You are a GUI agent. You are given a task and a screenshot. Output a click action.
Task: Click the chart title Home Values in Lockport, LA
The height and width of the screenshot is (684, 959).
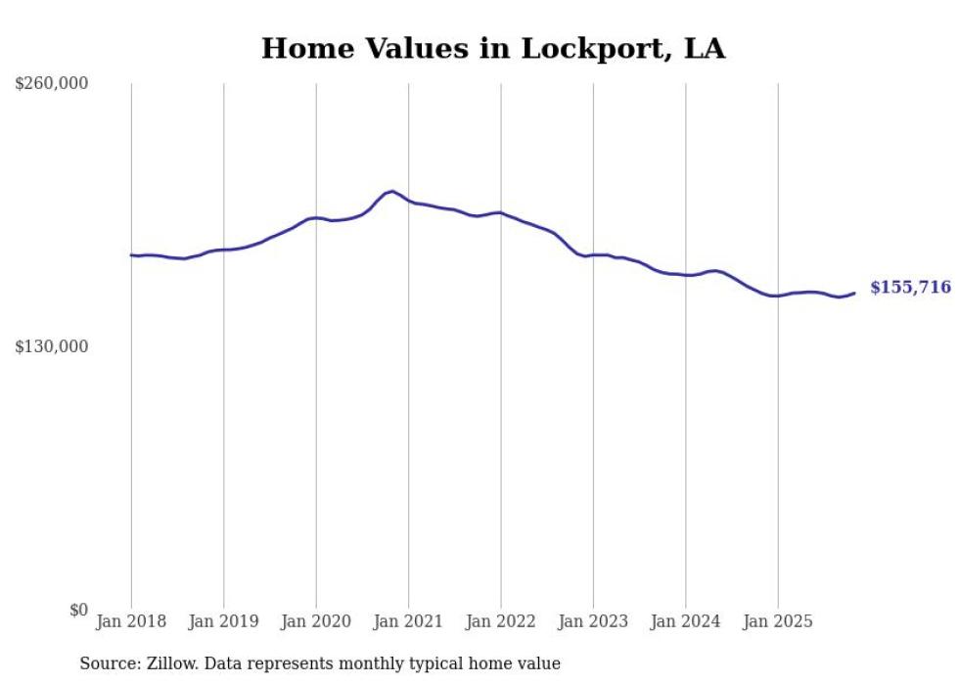(x=493, y=49)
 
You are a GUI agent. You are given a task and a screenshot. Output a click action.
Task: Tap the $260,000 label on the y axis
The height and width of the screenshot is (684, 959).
(x=52, y=84)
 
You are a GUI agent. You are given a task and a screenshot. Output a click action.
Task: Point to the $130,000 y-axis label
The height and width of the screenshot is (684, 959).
(x=52, y=346)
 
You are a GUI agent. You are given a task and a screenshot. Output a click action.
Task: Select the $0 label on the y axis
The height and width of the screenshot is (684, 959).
(x=79, y=610)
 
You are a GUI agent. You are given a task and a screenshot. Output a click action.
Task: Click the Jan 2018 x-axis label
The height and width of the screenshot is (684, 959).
(x=131, y=621)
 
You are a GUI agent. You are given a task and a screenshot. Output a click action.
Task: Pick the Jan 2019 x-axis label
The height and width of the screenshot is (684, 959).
(x=223, y=621)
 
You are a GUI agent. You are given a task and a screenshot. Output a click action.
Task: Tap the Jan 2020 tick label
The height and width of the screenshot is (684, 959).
(x=316, y=621)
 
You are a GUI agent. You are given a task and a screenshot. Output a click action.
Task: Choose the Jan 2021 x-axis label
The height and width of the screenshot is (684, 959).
(x=408, y=621)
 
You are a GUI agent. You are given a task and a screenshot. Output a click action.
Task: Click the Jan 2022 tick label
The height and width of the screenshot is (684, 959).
(x=501, y=621)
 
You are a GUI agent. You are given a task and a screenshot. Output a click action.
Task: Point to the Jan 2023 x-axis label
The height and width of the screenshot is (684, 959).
(x=593, y=621)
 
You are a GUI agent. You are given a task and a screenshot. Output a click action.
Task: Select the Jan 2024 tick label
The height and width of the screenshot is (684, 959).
(x=686, y=621)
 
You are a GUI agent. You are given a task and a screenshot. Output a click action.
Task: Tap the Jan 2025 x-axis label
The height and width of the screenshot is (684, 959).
(x=778, y=621)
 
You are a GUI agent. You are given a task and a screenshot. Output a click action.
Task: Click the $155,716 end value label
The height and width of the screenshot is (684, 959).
(x=910, y=288)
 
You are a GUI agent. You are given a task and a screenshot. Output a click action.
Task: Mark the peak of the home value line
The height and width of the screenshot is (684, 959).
(x=392, y=191)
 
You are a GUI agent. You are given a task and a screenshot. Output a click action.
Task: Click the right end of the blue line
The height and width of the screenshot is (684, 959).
(x=854, y=293)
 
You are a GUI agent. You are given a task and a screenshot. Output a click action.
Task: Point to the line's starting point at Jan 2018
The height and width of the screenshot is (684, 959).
(x=131, y=255)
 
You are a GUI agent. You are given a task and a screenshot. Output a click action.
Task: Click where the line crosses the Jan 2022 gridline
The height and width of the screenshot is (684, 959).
(x=501, y=212)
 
